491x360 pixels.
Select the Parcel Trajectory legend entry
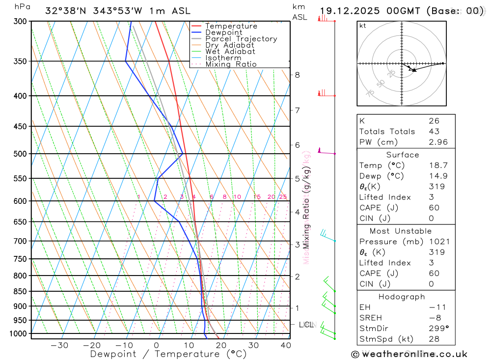point(241,39)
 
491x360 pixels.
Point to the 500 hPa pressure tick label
point(20,154)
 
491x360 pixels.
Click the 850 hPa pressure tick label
point(20,291)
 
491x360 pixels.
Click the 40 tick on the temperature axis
point(286,345)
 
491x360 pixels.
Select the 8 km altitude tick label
point(297,75)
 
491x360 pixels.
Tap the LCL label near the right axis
point(306,325)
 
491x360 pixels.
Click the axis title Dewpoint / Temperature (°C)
point(168,354)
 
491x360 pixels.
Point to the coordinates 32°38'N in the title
point(64,11)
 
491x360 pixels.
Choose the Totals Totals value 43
point(434,131)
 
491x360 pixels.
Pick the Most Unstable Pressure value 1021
point(437,242)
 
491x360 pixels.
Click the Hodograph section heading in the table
point(402,297)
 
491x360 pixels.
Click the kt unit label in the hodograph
point(363,26)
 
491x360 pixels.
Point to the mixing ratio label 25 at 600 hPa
point(283,197)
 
